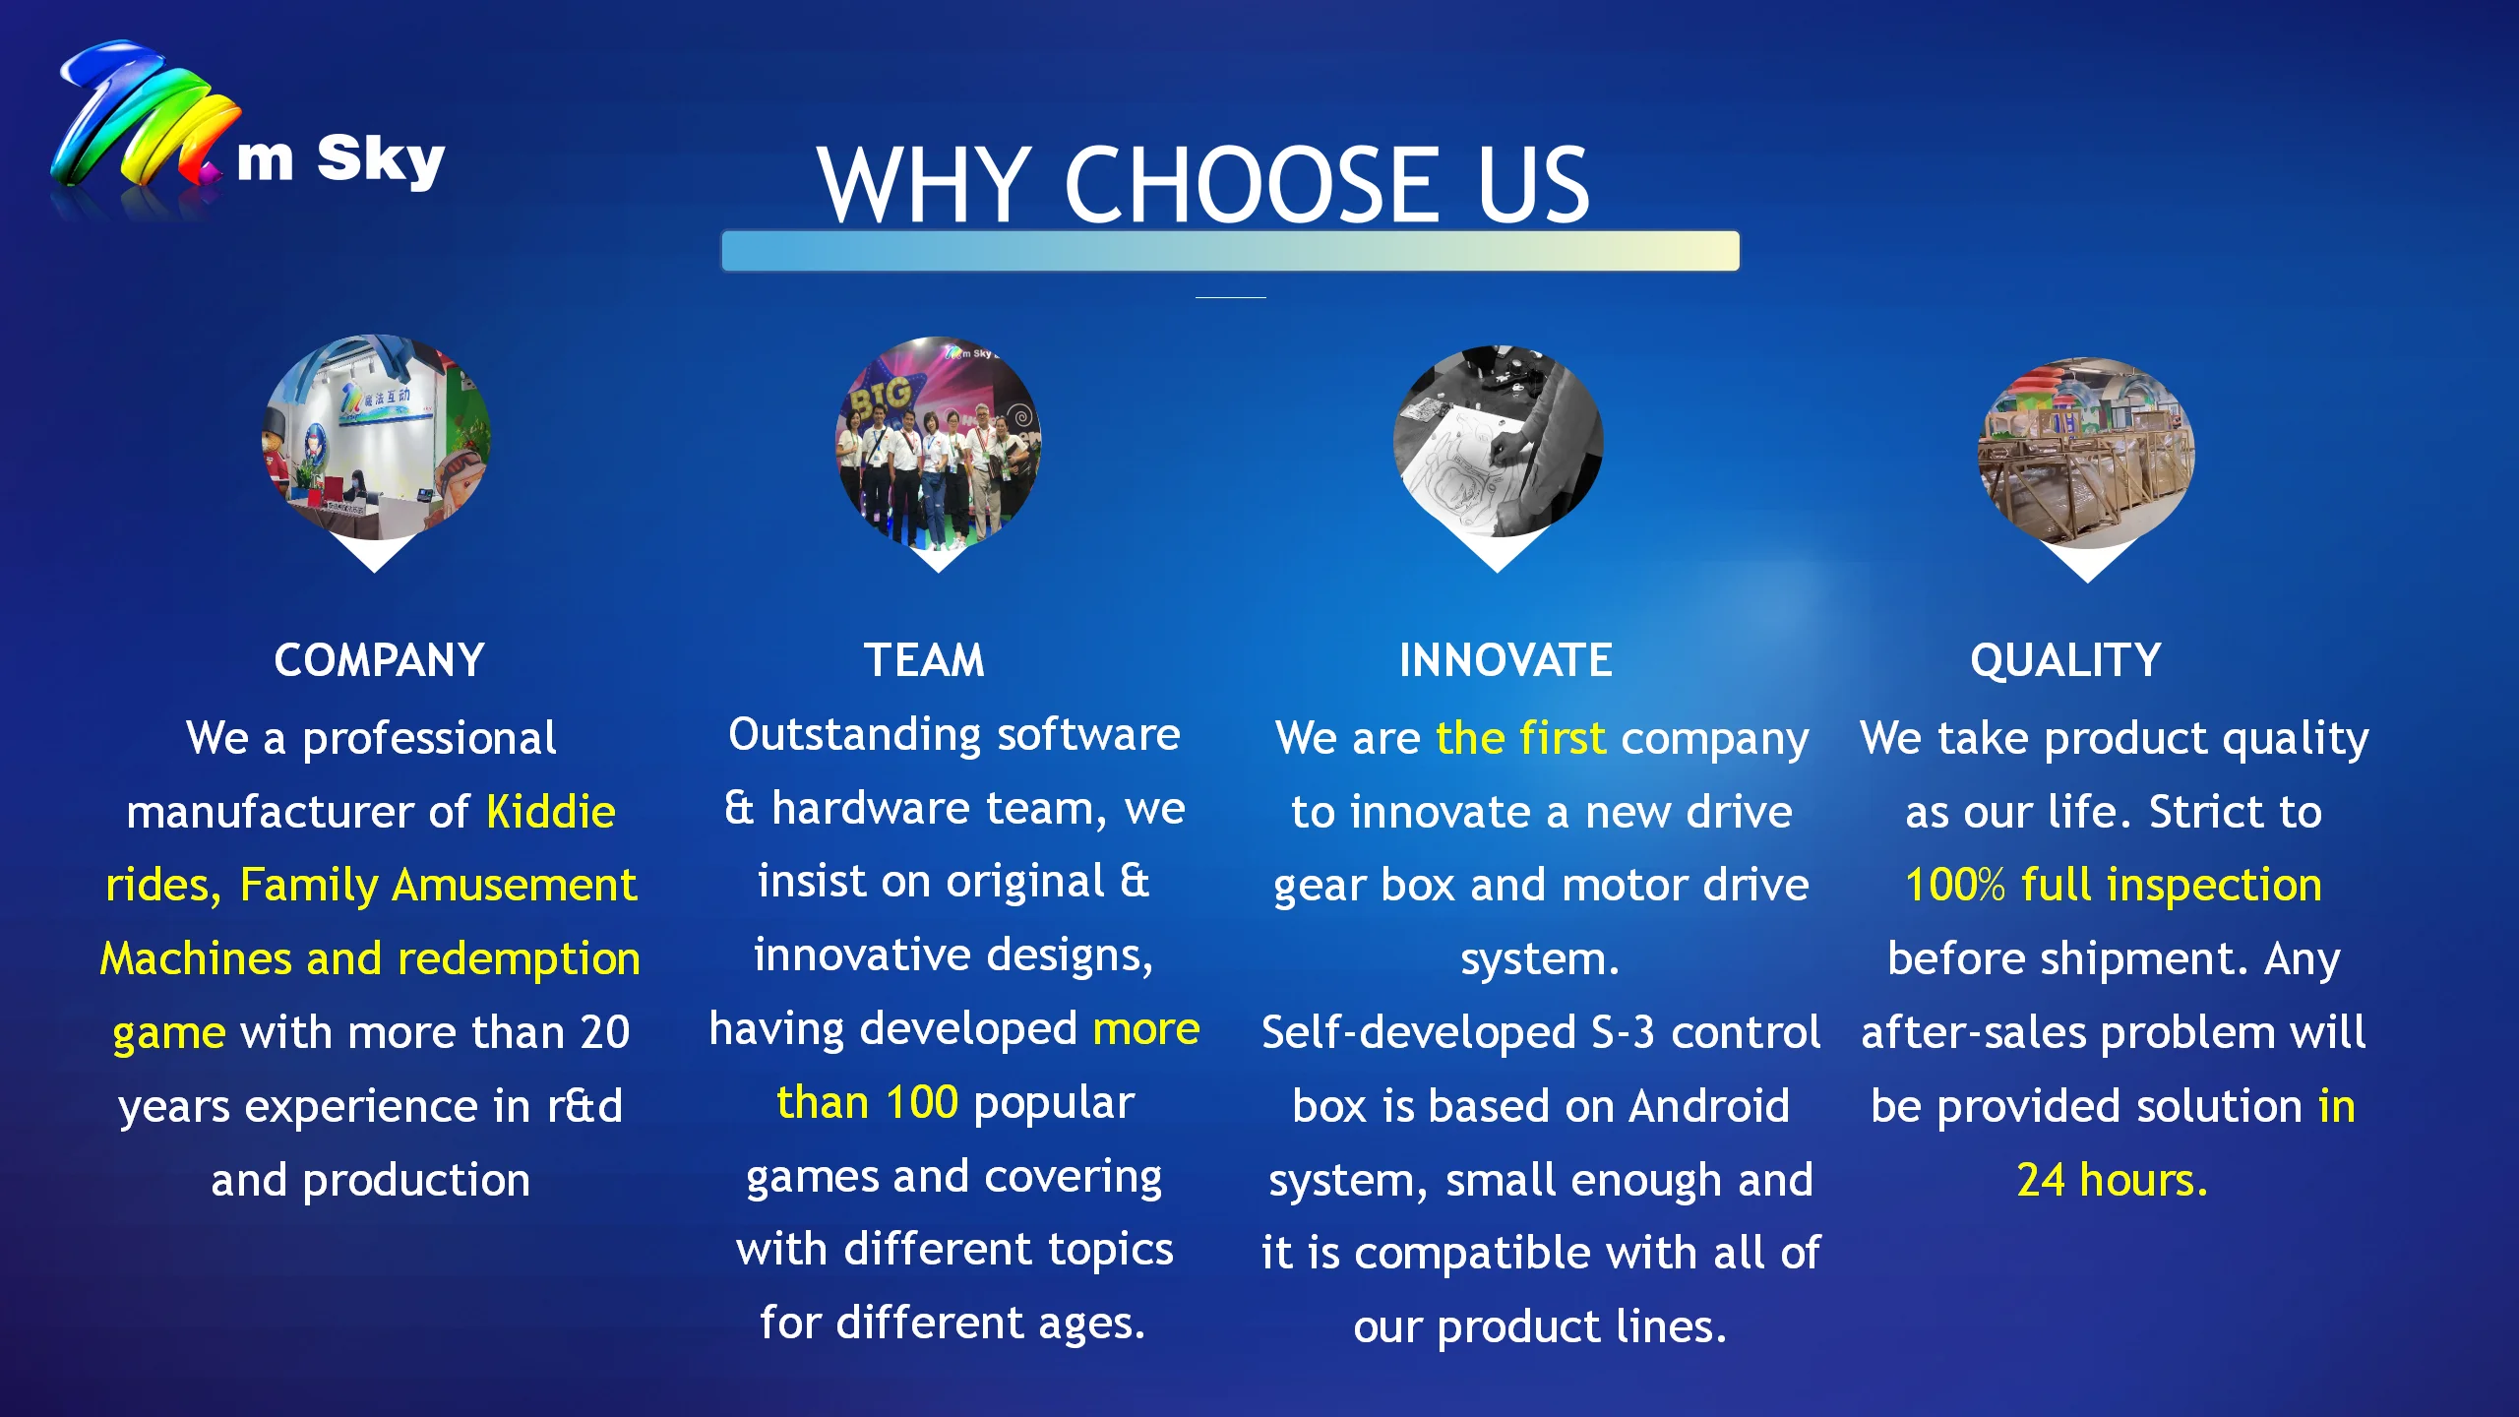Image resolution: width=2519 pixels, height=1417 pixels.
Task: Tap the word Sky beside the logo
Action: [381, 159]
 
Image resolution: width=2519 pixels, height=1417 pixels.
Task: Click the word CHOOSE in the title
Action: [1253, 184]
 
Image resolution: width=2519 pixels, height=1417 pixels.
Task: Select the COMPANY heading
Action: [379, 660]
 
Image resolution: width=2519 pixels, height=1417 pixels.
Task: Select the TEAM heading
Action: [924, 660]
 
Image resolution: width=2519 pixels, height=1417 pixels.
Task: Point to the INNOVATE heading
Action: [1505, 660]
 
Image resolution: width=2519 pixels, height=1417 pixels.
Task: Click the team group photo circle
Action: [939, 443]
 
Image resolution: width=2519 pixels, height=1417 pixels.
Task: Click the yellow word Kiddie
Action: [551, 812]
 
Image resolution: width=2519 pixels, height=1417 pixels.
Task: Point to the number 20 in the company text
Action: [604, 1032]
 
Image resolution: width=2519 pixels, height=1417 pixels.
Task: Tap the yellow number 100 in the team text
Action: [921, 1102]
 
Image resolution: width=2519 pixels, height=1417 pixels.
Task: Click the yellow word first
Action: [1563, 738]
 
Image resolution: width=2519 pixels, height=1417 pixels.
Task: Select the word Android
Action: [1708, 1106]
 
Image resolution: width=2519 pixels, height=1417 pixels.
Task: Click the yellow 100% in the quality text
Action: [1955, 885]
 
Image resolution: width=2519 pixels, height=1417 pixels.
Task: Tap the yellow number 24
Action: [2041, 1180]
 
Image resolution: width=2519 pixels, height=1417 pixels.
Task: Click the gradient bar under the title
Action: [1230, 251]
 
